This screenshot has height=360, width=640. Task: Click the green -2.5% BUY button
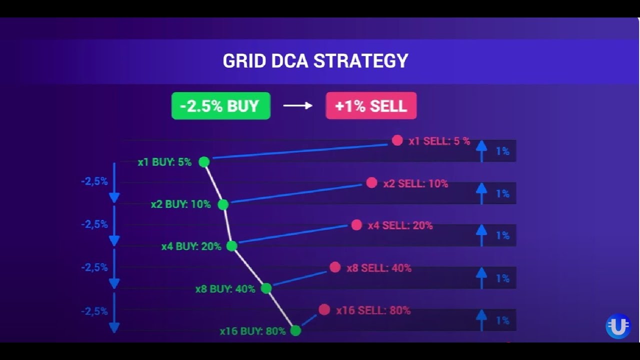tap(221, 105)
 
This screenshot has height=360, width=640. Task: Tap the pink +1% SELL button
tap(371, 105)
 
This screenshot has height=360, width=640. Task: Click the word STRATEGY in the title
tap(361, 60)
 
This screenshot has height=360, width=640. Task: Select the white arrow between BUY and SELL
tap(297, 105)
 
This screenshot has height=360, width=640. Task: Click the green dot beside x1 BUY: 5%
tap(204, 162)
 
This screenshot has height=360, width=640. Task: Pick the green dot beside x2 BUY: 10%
tap(223, 204)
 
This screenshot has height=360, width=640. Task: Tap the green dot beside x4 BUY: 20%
tap(231, 246)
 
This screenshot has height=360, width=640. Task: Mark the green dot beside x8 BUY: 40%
tap(266, 288)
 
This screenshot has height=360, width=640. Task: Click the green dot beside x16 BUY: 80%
tap(295, 331)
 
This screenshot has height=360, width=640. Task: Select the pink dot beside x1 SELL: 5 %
tap(397, 140)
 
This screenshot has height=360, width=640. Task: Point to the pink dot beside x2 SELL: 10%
tap(371, 182)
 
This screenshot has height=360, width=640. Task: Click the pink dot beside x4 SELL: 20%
tap(356, 225)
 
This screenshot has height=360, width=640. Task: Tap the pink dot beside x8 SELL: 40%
tap(335, 267)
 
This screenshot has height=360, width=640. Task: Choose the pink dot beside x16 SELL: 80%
tap(324, 309)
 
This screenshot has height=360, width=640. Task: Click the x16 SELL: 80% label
tap(373, 310)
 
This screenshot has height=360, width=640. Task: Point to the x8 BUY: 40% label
tap(225, 289)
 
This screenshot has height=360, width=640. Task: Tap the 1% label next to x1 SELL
tap(503, 151)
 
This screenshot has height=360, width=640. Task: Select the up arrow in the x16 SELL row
tap(481, 320)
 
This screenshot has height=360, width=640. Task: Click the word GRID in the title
tap(244, 60)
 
